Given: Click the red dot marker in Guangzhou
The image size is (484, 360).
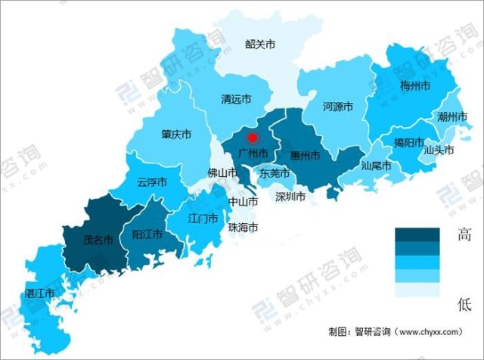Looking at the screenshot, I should (253, 137).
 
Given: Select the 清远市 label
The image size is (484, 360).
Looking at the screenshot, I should (235, 99).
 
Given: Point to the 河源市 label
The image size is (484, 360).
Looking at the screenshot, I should (338, 107).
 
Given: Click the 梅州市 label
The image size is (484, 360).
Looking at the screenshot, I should (414, 86).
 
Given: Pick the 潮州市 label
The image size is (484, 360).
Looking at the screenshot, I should (452, 116).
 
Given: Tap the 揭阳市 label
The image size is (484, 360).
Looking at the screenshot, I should (409, 141).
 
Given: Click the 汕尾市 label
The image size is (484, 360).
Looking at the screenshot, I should (376, 165).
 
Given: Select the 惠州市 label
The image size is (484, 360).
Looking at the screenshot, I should (305, 155).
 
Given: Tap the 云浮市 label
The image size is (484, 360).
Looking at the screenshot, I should (152, 182).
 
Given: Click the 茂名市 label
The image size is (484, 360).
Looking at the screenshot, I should (98, 240).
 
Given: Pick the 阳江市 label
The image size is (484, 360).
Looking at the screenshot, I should (147, 234).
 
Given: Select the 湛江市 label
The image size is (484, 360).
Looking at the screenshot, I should (39, 292).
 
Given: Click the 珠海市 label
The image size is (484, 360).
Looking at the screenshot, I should (244, 227).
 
